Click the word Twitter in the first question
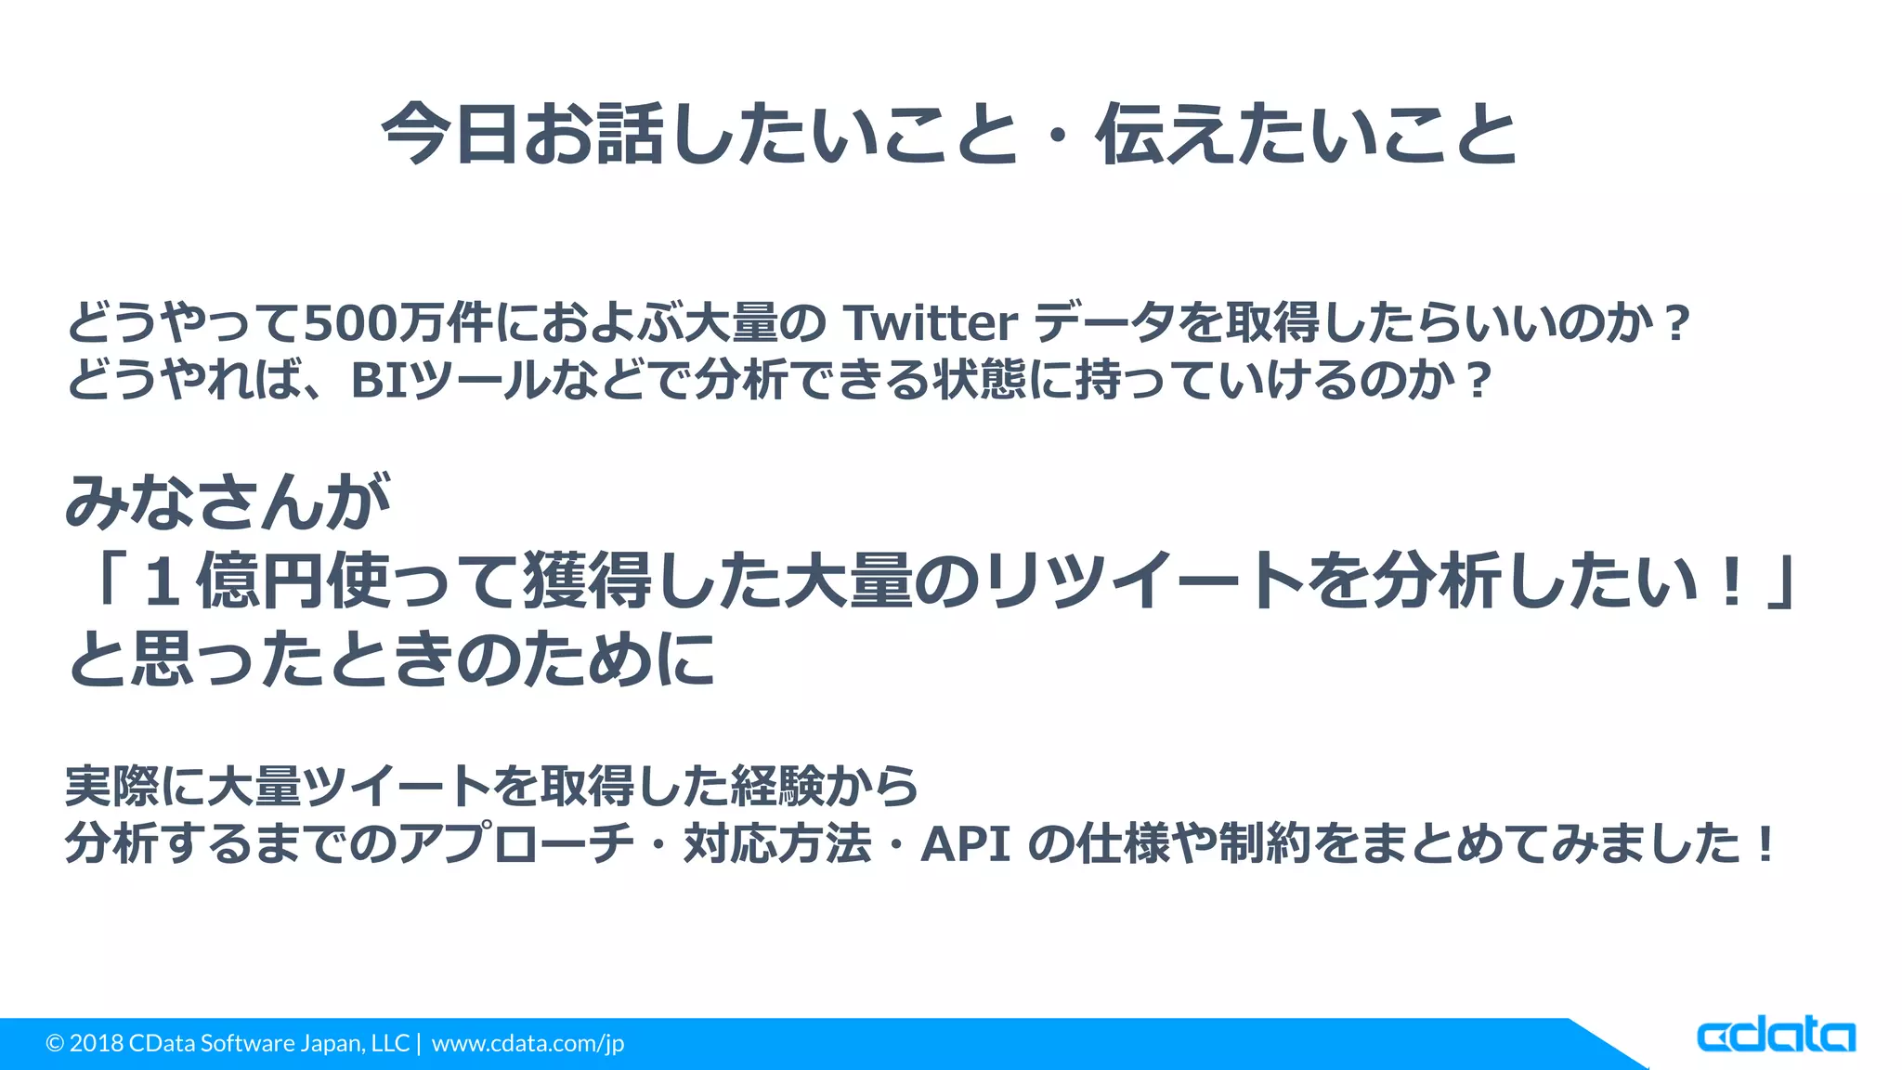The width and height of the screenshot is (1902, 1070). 931,323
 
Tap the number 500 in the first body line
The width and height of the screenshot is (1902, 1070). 350,323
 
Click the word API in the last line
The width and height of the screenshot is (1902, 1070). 965,844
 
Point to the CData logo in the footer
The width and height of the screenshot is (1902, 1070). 1776,1036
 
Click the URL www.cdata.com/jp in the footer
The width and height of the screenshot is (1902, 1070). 528,1043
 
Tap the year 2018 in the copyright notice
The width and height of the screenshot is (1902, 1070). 97,1043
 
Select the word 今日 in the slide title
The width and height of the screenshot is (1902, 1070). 449,135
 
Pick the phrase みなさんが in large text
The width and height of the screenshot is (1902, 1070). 228,502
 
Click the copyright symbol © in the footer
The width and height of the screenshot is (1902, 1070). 55,1043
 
